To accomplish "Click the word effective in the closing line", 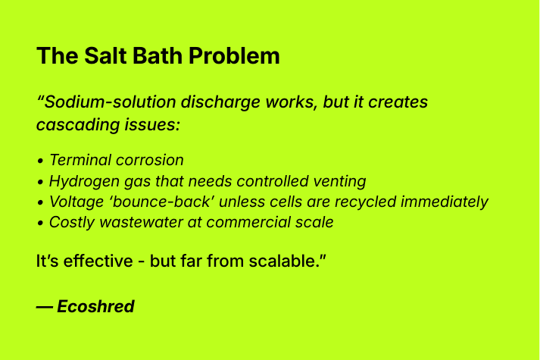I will tap(86, 261).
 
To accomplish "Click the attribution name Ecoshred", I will tap(95, 307).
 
